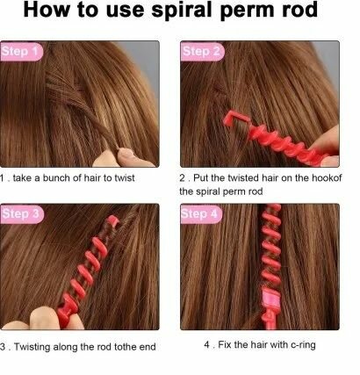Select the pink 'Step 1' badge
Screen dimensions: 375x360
coord(21,52)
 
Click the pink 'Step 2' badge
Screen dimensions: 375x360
coord(201,52)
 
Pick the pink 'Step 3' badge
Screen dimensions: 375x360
coord(21,213)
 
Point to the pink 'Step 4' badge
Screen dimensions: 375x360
coord(201,213)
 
